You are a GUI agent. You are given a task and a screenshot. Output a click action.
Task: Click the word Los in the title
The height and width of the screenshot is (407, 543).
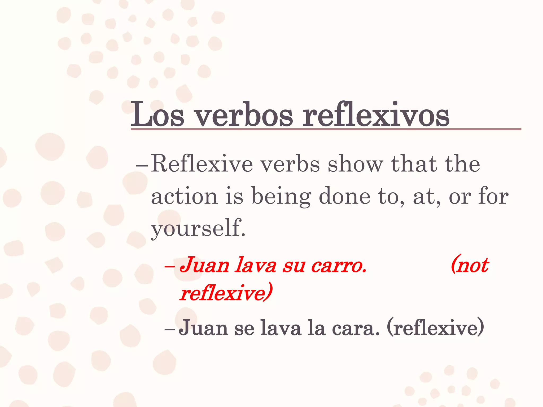click(157, 115)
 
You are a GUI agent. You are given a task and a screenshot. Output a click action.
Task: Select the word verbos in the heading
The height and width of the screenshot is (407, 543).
click(244, 115)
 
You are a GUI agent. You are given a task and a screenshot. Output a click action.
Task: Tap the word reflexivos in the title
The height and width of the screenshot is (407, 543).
click(376, 115)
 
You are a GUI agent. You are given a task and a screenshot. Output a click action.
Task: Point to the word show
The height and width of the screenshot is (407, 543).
click(355, 164)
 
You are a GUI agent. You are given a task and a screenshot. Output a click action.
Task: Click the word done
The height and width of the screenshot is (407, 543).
click(344, 196)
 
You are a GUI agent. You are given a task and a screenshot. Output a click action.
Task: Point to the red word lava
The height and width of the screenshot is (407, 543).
click(256, 266)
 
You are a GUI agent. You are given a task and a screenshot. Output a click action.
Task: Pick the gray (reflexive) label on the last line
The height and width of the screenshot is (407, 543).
click(435, 328)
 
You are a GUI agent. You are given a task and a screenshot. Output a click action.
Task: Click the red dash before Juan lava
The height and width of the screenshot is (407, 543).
click(169, 266)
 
